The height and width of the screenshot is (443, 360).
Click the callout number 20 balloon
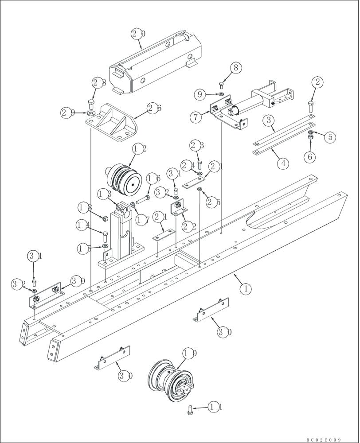click(138, 33)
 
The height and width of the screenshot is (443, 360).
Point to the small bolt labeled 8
click(222, 85)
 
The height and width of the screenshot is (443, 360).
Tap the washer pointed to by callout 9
click(221, 94)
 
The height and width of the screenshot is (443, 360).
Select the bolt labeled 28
click(91, 105)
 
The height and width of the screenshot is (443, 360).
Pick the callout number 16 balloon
click(153, 178)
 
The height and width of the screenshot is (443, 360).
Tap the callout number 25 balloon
click(212, 202)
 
